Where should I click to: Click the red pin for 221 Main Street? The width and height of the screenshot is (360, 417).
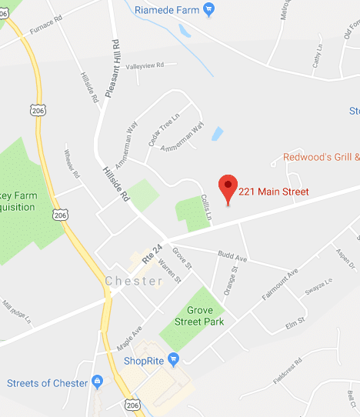tap(227, 186)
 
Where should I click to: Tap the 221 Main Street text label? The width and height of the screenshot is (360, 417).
tap(273, 192)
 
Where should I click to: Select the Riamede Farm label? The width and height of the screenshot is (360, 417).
tap(167, 9)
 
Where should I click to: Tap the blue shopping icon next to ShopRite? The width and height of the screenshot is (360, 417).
tap(174, 358)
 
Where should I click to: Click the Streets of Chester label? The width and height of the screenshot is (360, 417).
tap(47, 382)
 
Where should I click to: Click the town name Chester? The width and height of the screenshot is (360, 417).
tap(134, 281)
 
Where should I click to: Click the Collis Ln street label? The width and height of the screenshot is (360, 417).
tap(205, 206)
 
